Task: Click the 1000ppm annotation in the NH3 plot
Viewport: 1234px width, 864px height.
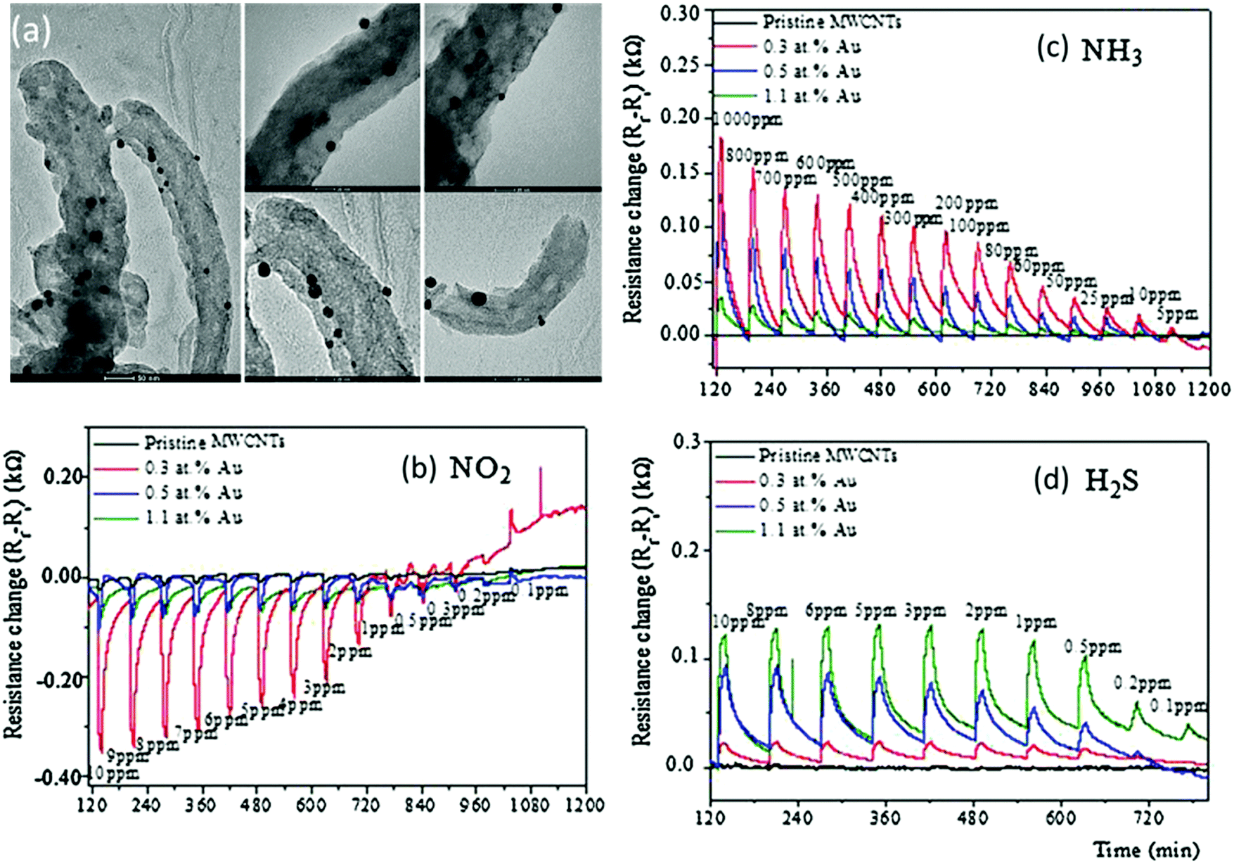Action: [747, 120]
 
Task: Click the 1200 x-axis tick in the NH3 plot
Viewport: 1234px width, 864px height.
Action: [1209, 389]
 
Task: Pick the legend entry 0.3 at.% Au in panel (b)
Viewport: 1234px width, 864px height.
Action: [193, 468]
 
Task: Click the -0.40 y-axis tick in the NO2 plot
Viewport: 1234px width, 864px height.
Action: [65, 778]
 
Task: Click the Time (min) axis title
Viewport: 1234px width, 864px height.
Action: [1146, 849]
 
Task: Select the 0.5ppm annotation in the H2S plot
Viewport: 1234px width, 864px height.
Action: [1092, 647]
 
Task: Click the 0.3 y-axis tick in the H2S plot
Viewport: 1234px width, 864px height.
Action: [688, 442]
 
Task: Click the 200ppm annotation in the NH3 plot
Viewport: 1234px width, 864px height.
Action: [966, 204]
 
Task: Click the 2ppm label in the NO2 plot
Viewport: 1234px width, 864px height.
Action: [349, 652]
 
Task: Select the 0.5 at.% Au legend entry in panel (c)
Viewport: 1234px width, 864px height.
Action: [811, 71]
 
